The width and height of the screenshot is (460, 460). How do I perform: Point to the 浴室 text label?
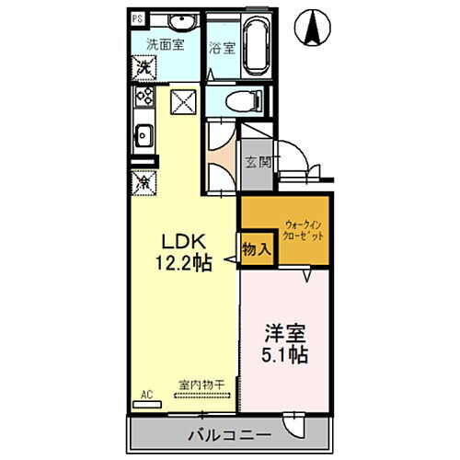coord(220,48)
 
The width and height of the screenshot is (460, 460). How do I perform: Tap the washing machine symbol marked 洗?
coord(144,67)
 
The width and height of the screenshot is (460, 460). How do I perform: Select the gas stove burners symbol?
coord(144,96)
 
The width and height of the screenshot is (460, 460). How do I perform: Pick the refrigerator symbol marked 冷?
coord(144,182)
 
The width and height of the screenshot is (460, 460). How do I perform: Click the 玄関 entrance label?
coord(258,163)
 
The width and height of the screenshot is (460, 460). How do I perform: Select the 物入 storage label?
coord(257,247)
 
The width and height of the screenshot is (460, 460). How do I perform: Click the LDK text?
coord(181,241)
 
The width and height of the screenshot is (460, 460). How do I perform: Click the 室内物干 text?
coord(201,387)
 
